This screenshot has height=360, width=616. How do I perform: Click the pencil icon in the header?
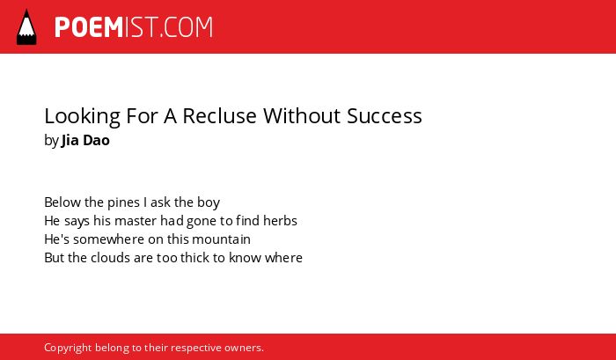click(x=26, y=27)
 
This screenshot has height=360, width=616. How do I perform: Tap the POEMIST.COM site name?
click(x=134, y=27)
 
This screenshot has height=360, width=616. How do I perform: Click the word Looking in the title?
click(x=82, y=117)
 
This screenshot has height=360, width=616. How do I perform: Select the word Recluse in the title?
click(x=220, y=116)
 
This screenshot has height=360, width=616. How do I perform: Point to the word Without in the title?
click(x=302, y=116)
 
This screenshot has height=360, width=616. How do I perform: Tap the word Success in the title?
click(x=385, y=116)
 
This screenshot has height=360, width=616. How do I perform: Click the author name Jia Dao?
click(x=85, y=140)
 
